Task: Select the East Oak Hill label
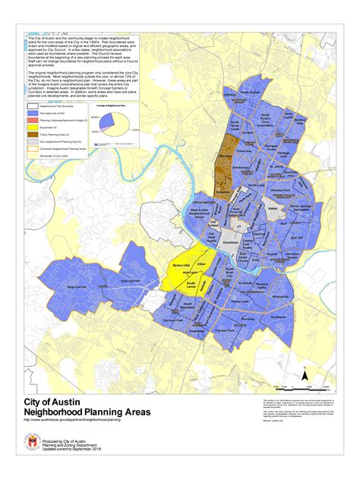132,280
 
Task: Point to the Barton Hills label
179,267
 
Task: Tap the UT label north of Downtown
238,226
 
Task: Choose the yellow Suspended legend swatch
32,128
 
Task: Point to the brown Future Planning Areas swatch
32,134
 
